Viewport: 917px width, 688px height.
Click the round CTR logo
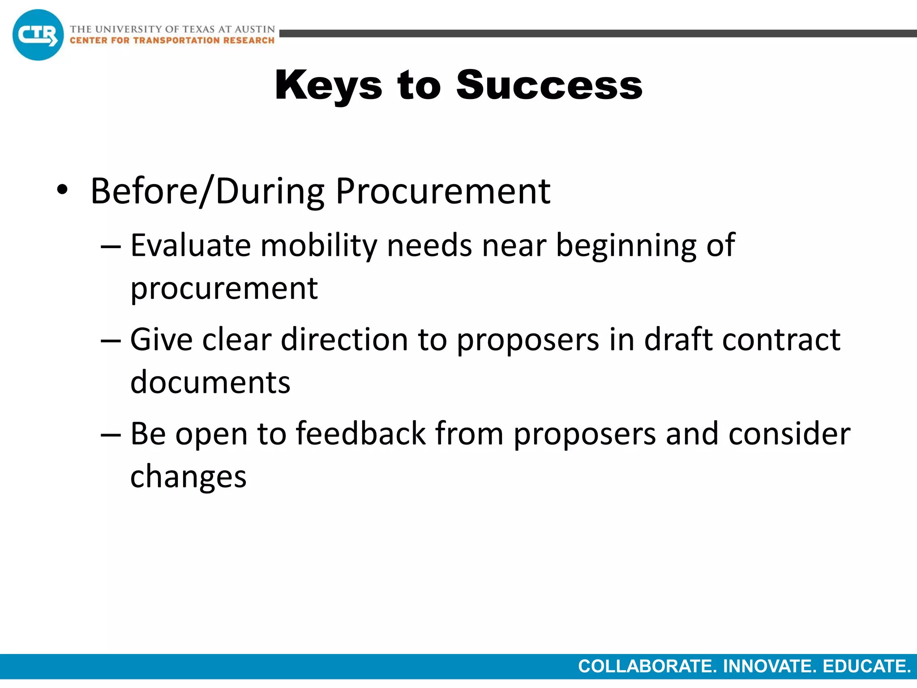pos(38,35)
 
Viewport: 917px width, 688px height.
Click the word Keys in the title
pos(328,86)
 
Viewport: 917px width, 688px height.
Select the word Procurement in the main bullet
pos(443,191)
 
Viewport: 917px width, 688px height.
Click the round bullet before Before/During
pos(62,190)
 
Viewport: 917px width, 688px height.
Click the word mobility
pos(319,246)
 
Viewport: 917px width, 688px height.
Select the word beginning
pos(626,246)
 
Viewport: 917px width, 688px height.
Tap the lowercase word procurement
pos(224,289)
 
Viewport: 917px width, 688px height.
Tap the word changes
pos(188,477)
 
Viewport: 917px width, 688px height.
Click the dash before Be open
pos(111,434)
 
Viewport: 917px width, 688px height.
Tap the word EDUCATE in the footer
pos(866,666)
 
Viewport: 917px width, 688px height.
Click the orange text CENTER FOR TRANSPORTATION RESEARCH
pos(172,40)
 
